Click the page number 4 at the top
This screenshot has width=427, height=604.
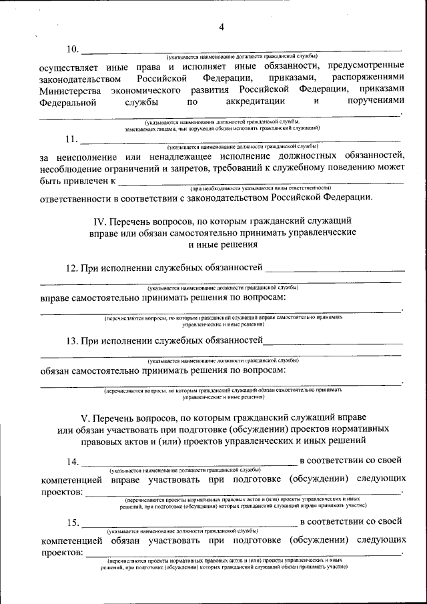click(x=222, y=27)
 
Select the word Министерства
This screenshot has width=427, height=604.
click(x=70, y=91)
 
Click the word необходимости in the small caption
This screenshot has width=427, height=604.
click(x=230, y=189)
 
